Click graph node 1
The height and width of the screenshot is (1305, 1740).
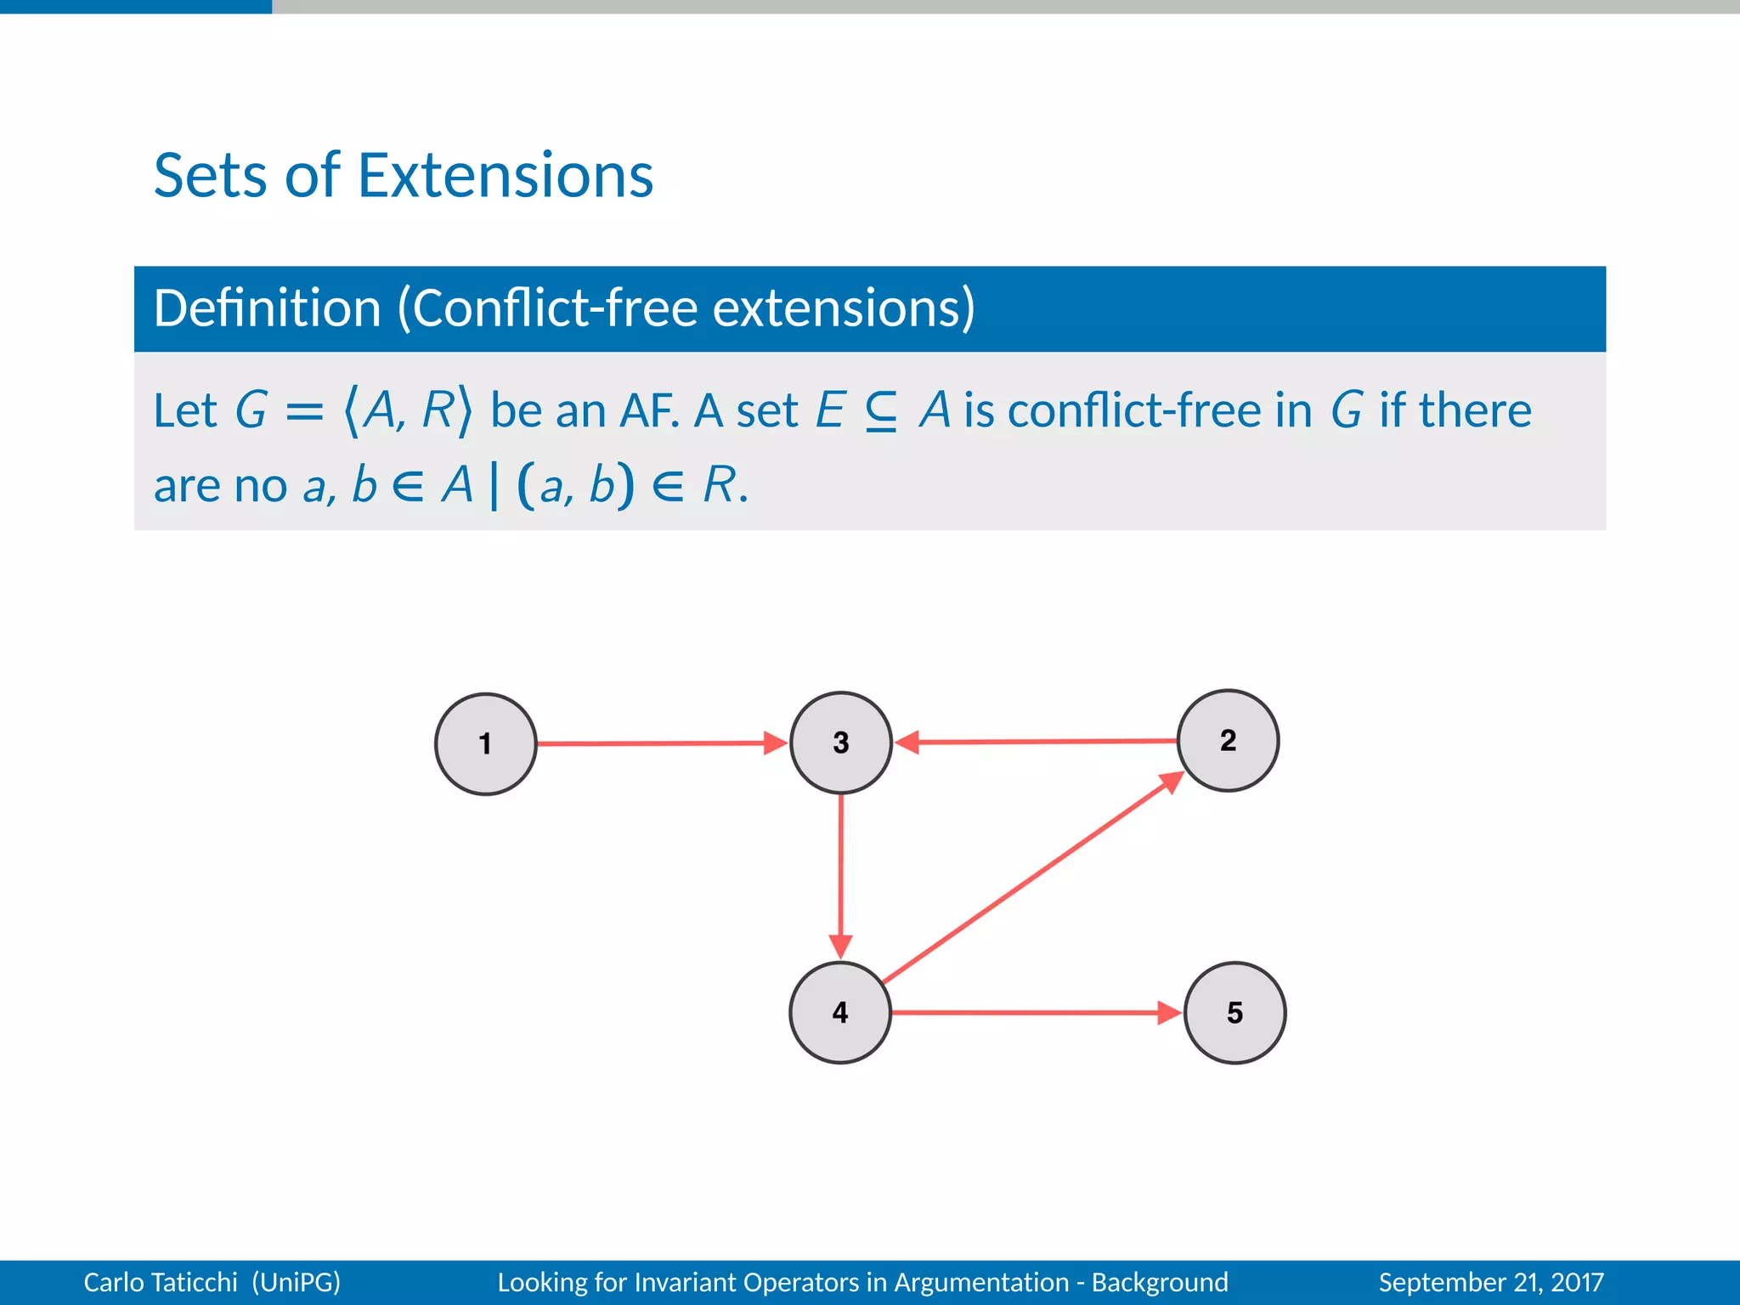pos(485,744)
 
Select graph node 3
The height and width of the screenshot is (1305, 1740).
pos(840,743)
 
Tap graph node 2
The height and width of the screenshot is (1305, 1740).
pos(1228,740)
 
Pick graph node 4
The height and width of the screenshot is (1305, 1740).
pos(840,1012)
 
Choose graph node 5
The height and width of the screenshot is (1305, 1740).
pos(1234,1013)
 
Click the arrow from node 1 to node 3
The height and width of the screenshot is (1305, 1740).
pos(654,743)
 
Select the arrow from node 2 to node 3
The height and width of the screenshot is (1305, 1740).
pos(1037,742)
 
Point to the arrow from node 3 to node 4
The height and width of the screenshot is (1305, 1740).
pos(840,875)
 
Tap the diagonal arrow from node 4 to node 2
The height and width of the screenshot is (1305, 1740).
pos(1032,878)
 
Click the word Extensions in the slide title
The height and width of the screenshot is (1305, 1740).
pos(506,176)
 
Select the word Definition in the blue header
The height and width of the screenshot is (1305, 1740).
pos(267,308)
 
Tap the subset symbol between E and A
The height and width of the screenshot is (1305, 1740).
pos(881,412)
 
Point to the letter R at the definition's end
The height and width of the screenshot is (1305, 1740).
pos(719,486)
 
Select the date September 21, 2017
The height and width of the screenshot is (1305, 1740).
pos(1490,1282)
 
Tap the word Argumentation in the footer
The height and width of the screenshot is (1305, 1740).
pos(980,1282)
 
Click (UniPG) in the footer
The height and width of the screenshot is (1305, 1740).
pos(296,1282)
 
